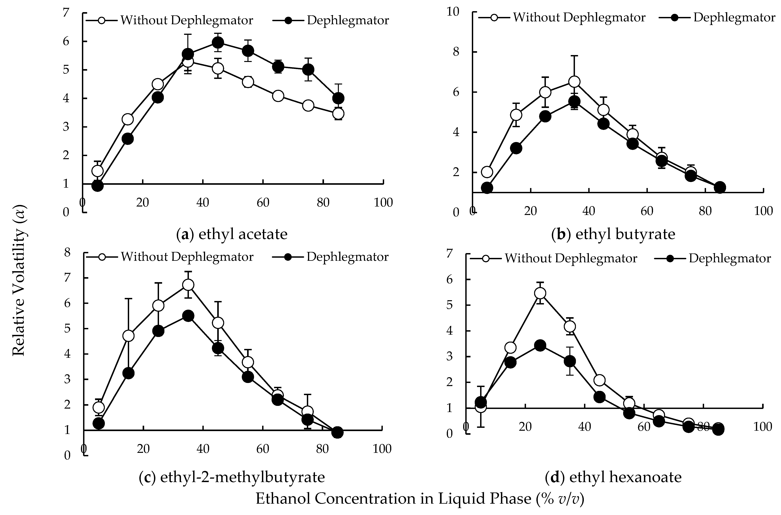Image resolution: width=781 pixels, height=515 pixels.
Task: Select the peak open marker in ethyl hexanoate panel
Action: click(540, 293)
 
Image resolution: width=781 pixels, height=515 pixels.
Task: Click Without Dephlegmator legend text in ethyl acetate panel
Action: click(186, 20)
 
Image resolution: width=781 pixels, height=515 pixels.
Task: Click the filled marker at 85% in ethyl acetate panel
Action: click(338, 98)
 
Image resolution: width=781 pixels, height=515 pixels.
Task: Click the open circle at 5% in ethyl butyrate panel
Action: click(487, 172)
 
